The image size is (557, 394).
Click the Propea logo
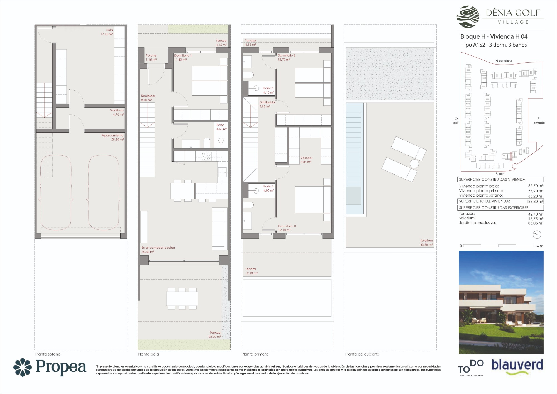coord(50,367)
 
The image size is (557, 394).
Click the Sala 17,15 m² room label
coord(107,32)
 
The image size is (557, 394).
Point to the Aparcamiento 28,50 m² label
coord(113,138)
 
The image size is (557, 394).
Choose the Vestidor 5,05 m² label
coord(306,160)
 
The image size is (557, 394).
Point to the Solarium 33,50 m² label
coord(426,243)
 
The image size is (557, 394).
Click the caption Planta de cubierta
coord(362,354)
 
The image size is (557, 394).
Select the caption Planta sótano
coord(48,354)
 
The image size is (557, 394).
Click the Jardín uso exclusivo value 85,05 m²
coord(536,223)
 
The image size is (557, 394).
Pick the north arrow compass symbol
coord(537,235)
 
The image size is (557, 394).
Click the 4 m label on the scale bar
coord(540,246)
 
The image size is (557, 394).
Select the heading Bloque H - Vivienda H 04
coord(494,36)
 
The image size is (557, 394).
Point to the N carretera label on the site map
coord(503,61)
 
